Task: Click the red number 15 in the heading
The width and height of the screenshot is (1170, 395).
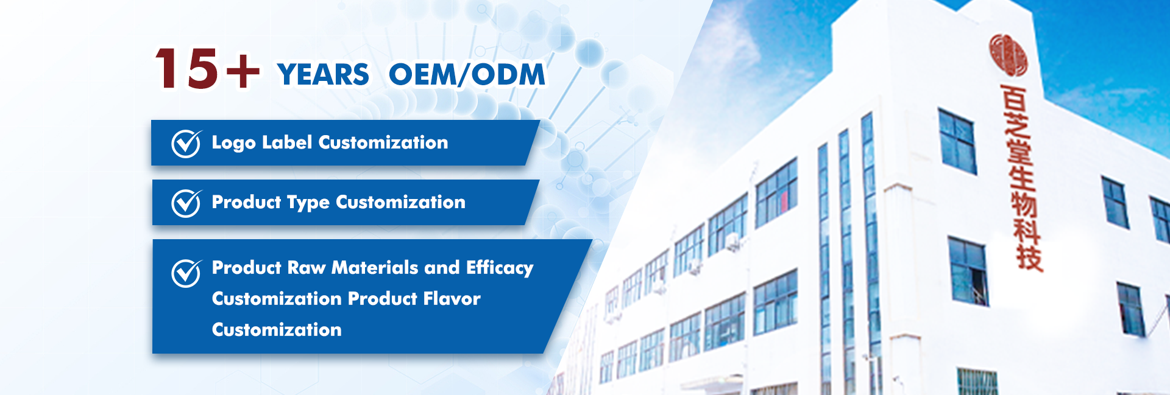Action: tap(186, 69)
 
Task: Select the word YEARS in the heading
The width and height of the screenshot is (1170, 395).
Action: tap(323, 75)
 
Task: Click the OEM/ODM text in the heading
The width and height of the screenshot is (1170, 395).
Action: tap(467, 75)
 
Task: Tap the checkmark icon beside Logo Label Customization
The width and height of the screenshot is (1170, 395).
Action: tap(186, 144)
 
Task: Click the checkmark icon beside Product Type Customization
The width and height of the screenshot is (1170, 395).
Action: tap(186, 203)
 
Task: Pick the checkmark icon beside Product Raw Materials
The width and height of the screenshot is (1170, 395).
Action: tap(186, 273)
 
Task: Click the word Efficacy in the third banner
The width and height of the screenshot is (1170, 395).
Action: tap(500, 268)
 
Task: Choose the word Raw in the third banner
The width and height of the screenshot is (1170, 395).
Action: tap(306, 268)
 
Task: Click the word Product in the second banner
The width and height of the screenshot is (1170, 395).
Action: tap(246, 202)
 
